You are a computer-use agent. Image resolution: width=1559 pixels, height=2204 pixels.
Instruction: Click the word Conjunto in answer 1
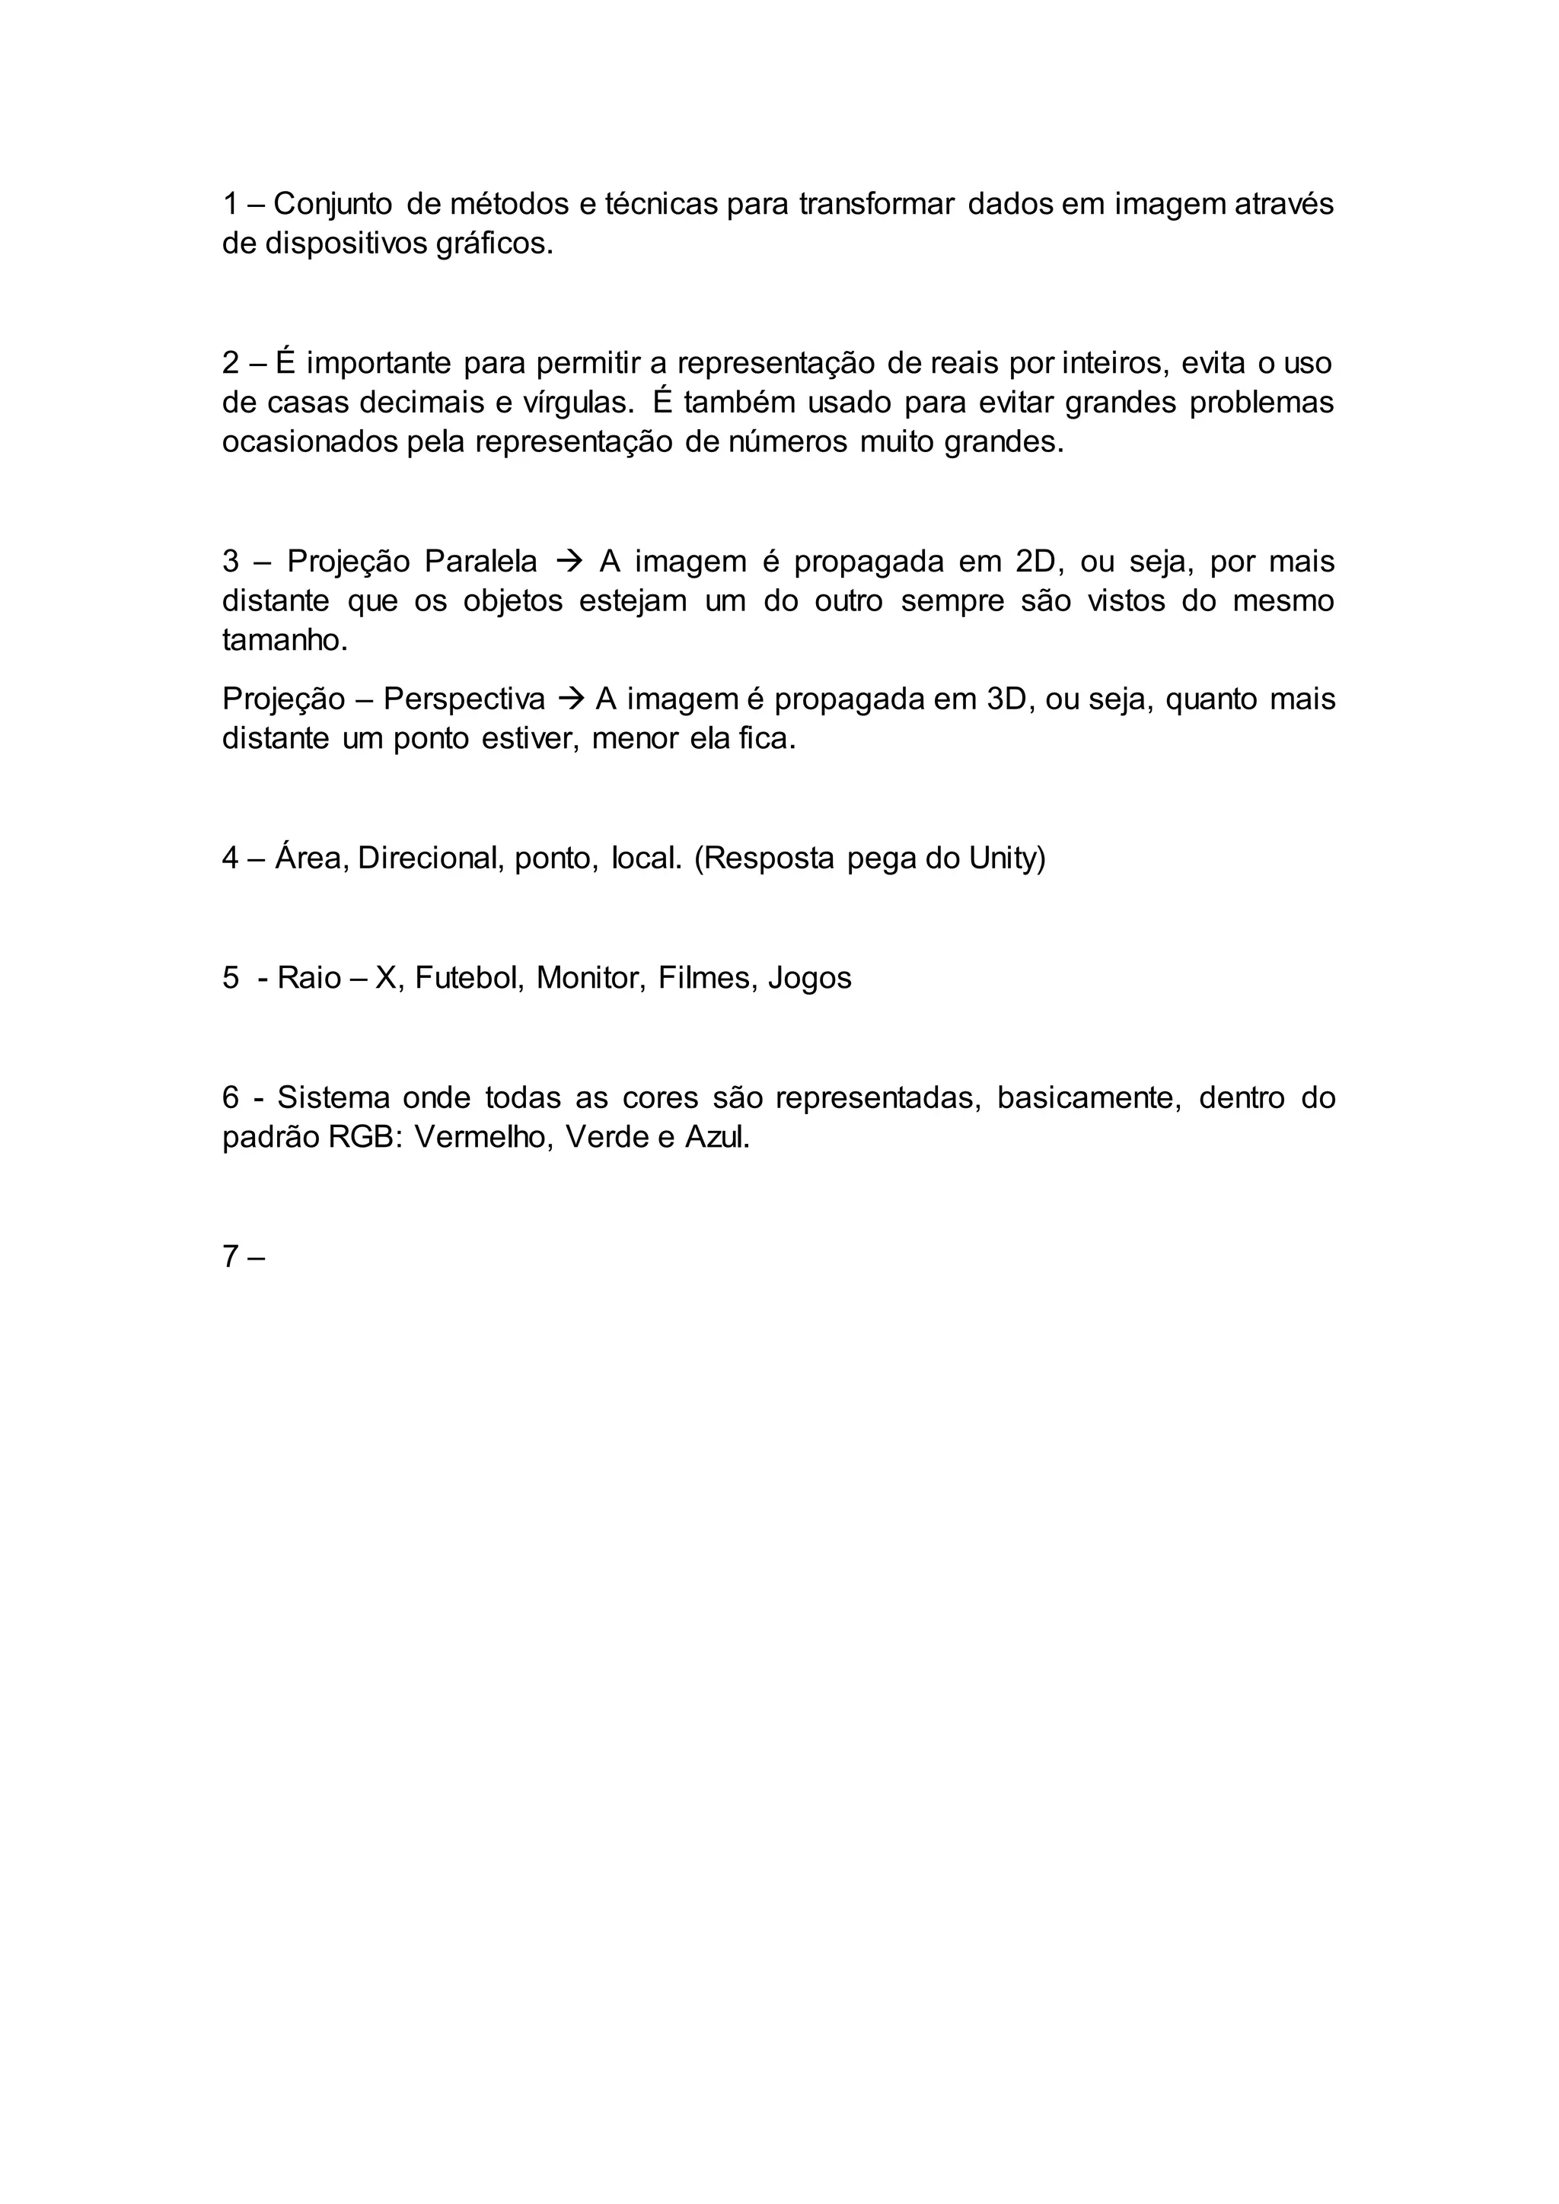pos(332,205)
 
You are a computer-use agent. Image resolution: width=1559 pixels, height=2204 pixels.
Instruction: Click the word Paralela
pos(480,561)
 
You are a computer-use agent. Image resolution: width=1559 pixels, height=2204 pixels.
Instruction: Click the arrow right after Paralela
pos(569,561)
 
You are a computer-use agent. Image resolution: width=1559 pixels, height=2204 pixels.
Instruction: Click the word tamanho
pos(284,640)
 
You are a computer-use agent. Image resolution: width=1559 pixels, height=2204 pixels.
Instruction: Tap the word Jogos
pos(809,977)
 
